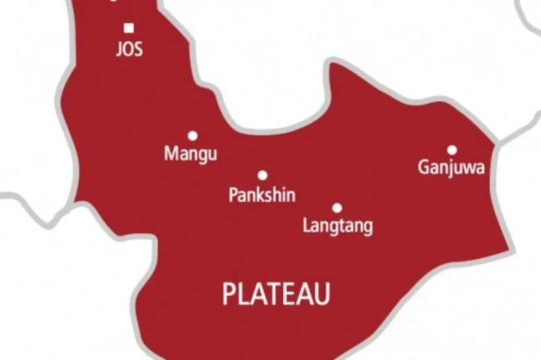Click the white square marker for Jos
[129, 28]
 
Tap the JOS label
[129, 50]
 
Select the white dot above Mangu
[192, 136]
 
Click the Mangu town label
[191, 155]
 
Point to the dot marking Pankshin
[262, 176]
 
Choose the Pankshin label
[260, 195]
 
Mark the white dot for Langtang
[337, 208]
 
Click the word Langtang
[337, 227]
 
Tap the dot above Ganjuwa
[451, 150]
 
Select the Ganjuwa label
[451, 168]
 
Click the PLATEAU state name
[276, 294]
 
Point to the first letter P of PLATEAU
[230, 294]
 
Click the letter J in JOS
[120, 50]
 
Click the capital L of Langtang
[306, 227]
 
